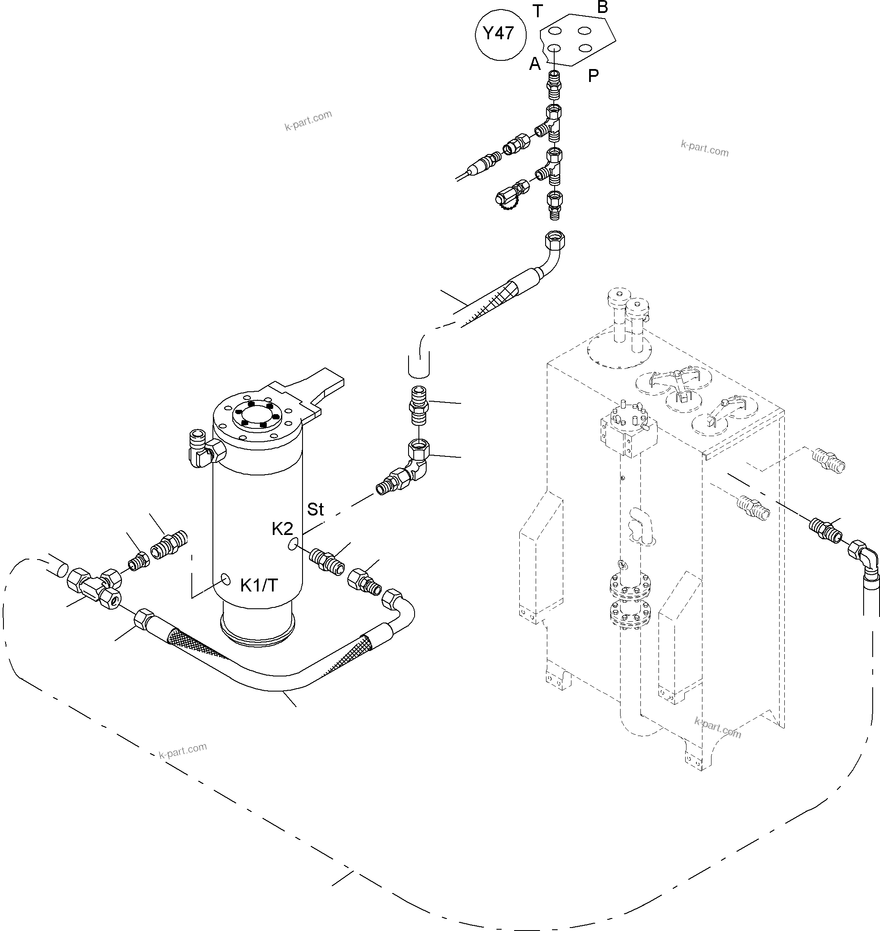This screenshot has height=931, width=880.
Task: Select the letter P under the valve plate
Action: [593, 75]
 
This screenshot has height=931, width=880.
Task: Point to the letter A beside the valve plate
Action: [535, 64]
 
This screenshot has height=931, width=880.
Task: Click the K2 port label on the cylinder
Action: [282, 529]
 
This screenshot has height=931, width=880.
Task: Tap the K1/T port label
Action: [259, 585]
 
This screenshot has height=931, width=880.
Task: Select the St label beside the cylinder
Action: [315, 510]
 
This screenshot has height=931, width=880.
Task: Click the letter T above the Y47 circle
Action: [537, 11]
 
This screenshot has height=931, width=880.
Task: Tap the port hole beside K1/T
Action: [226, 580]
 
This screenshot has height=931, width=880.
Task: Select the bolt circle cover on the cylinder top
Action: [257, 414]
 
